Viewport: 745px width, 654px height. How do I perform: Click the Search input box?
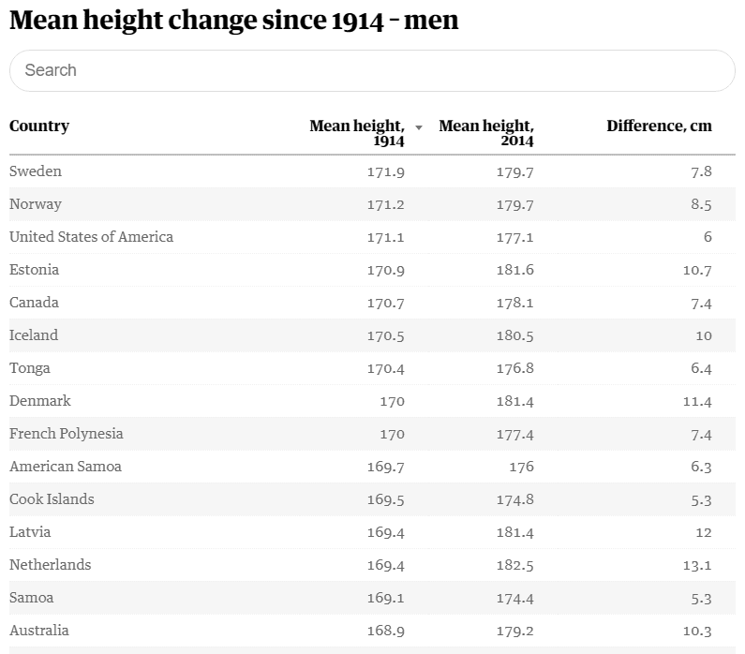[372, 70]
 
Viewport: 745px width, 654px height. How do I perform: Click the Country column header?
[39, 126]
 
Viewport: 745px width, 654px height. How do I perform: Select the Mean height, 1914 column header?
[357, 133]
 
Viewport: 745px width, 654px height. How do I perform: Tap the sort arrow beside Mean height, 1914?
[419, 127]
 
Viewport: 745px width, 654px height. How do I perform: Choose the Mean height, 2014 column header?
[486, 133]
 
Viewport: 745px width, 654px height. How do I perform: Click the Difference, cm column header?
[659, 126]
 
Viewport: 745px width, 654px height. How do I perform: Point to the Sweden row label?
[36, 171]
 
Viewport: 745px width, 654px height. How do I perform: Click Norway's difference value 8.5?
[701, 204]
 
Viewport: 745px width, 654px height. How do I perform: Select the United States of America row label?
[91, 236]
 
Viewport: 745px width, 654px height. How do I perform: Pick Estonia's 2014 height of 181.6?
[515, 270]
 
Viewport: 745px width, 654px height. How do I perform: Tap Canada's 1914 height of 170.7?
[386, 303]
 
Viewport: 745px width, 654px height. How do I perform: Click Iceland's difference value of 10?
[704, 335]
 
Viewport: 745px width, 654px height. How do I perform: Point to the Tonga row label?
[29, 368]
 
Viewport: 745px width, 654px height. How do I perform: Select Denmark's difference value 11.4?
[697, 401]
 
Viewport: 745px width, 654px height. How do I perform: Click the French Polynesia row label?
[66, 434]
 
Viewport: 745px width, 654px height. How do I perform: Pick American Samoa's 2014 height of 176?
[522, 467]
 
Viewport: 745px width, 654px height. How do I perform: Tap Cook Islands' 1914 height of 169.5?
[386, 499]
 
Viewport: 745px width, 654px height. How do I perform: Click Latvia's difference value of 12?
[704, 532]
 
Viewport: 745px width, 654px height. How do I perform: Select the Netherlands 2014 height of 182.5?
[515, 565]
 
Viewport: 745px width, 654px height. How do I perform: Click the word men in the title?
[431, 21]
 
